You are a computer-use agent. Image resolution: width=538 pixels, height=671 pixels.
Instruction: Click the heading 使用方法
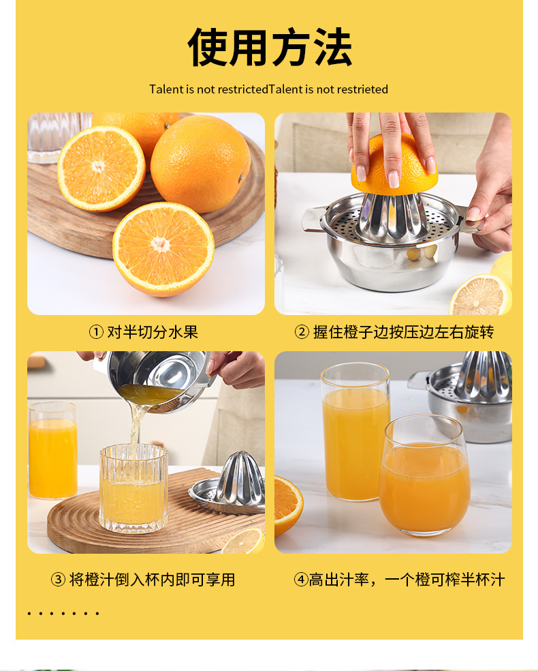269,47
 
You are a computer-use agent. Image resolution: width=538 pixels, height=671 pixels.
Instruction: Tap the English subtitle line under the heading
268,89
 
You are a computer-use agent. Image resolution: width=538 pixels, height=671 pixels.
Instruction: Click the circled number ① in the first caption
96,331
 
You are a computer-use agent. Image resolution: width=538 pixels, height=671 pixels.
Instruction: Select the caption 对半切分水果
152,331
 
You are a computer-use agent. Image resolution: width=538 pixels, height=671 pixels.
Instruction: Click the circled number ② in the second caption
302,331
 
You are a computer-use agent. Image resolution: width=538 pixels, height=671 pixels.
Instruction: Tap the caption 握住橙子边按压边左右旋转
403,331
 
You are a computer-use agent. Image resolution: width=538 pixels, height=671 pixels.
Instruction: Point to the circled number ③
58,580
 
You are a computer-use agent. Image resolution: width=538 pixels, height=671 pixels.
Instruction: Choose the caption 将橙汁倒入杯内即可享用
152,580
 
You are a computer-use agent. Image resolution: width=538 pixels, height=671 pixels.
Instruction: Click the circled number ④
301,580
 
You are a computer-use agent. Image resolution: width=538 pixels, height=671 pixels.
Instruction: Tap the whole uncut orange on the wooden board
200,163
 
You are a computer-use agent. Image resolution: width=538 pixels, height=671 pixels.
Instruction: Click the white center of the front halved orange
161,244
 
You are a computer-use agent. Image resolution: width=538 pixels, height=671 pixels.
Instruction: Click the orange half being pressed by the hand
394,165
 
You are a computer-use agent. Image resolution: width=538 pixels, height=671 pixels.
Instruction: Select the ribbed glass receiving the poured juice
133,488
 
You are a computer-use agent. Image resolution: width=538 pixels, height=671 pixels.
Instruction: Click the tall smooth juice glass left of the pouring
53,450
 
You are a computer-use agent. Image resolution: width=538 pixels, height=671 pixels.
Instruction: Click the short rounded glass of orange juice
424,475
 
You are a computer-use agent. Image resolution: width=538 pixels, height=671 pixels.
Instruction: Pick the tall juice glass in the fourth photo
355,432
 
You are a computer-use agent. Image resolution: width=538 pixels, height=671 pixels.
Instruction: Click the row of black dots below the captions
63,614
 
